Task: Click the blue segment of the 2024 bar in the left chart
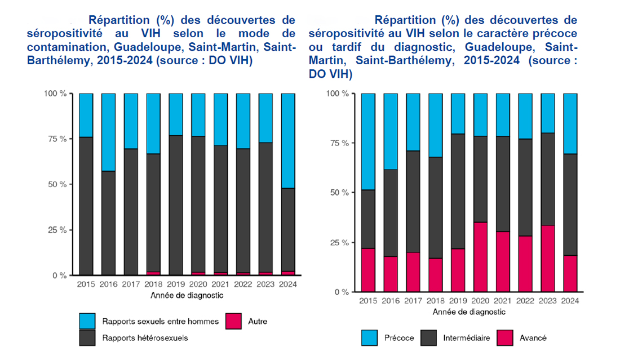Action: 288,140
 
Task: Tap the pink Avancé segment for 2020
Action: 480,257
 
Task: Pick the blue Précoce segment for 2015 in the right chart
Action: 367,141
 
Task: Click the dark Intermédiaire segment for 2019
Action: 458,191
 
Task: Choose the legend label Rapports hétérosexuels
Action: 145,338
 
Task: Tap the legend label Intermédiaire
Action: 466,338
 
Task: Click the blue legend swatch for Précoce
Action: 370,338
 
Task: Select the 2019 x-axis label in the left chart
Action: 176,285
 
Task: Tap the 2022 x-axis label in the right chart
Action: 525,301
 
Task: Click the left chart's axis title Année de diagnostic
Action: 187,295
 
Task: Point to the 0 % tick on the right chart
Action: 340,292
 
